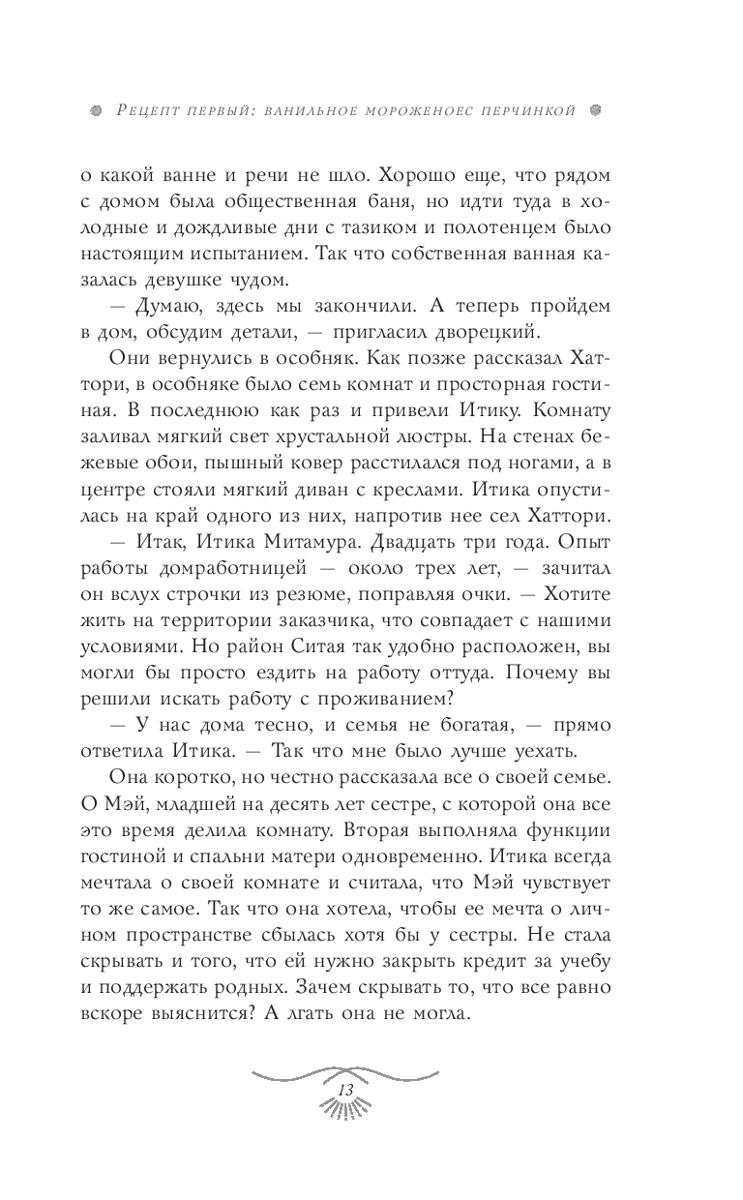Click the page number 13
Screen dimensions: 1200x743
[x=343, y=1090]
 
